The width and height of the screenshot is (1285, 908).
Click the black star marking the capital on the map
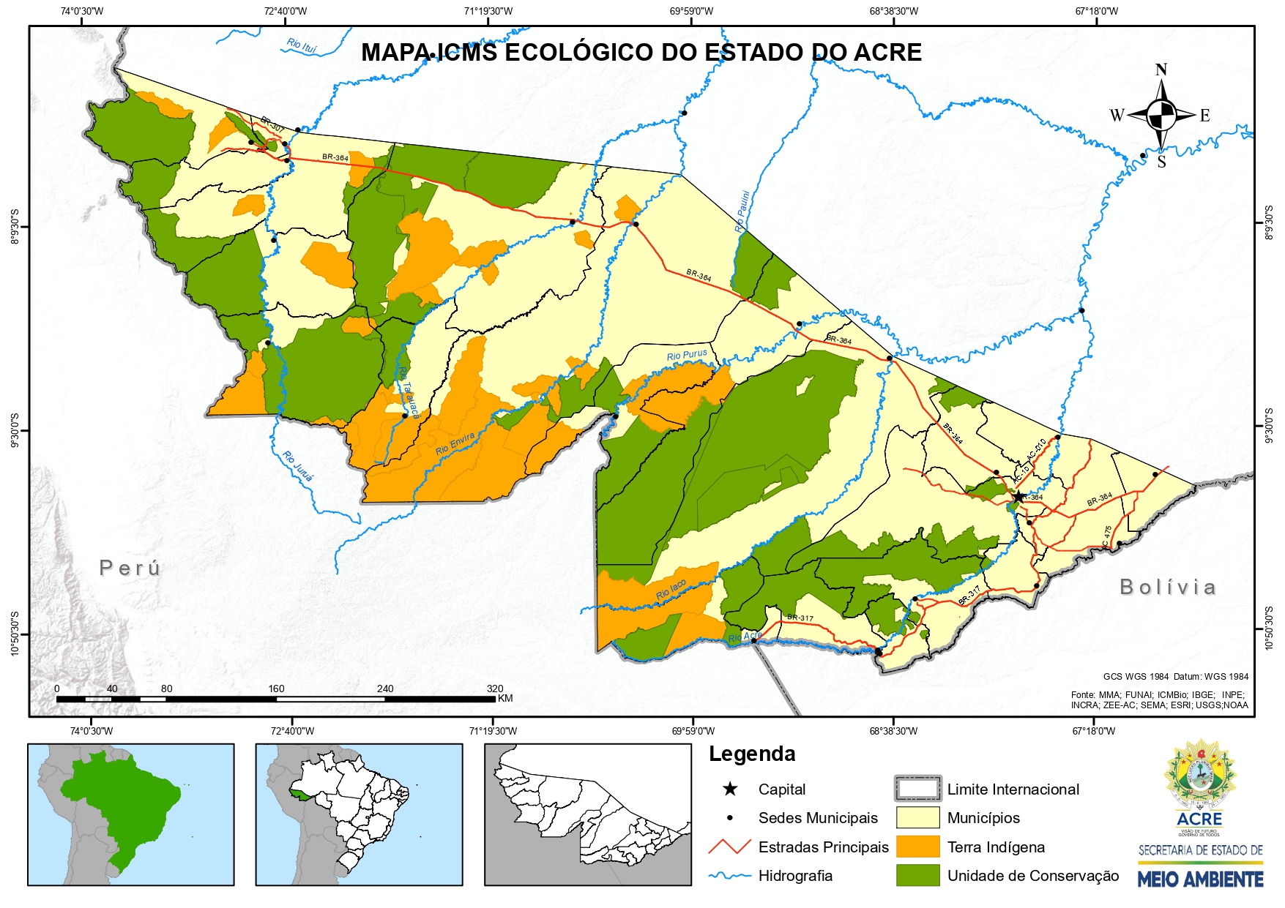tap(1018, 497)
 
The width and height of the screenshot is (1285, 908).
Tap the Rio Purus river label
tap(687, 355)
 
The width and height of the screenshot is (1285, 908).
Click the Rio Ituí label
tap(302, 46)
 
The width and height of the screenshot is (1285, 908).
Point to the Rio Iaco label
tap(671, 589)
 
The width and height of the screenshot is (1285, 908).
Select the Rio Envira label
tap(455, 444)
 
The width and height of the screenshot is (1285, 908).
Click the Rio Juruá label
tap(297, 466)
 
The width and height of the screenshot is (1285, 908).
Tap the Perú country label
tap(130, 568)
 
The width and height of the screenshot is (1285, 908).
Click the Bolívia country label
tap(1168, 587)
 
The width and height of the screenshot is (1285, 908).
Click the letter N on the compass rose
tap(1161, 70)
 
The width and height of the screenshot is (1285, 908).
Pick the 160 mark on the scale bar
tap(276, 688)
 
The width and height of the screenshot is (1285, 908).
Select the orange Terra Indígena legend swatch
tap(917, 847)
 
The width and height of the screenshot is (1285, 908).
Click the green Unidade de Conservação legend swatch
tap(917, 875)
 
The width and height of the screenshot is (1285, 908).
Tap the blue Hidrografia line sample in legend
tap(729, 875)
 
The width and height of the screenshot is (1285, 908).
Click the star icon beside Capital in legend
tap(730, 789)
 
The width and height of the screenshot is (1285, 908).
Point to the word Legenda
tap(752, 754)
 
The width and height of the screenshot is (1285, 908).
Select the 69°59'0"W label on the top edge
tap(691, 11)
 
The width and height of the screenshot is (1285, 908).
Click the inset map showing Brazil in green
tap(131, 814)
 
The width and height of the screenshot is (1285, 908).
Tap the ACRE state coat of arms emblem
tap(1199, 774)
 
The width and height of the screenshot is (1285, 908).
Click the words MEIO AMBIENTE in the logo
tap(1200, 879)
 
